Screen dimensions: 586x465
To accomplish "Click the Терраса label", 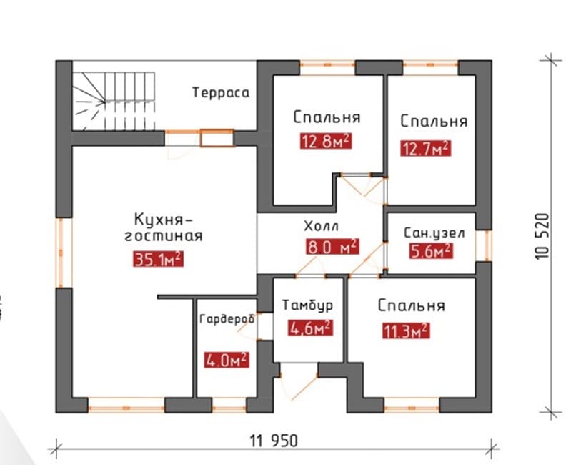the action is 221,92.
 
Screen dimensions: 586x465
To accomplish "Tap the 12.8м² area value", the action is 326,142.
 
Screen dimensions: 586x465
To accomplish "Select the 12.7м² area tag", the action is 426,148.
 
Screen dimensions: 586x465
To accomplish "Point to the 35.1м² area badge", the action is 158,259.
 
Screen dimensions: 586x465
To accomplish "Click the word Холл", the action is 322,226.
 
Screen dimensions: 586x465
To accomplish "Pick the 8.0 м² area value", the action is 332,247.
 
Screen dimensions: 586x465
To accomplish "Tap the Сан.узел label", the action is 434,233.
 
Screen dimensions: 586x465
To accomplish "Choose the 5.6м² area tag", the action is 430,250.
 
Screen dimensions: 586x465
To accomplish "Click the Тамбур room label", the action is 307,305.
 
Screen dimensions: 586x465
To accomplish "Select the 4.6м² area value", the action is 310,328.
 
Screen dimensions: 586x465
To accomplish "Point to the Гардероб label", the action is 227,319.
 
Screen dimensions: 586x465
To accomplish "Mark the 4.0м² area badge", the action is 227,361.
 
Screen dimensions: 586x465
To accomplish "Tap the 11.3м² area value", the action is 406,331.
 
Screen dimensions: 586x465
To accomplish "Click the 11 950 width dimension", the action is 274,440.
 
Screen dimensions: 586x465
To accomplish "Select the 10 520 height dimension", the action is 542,236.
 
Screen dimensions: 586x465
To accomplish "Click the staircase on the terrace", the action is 114,102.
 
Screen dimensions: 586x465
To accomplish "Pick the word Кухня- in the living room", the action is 163,219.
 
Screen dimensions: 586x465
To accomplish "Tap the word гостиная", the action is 164,236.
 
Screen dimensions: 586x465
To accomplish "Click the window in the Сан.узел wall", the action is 487,245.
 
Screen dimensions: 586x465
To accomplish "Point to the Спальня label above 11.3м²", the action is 411,305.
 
